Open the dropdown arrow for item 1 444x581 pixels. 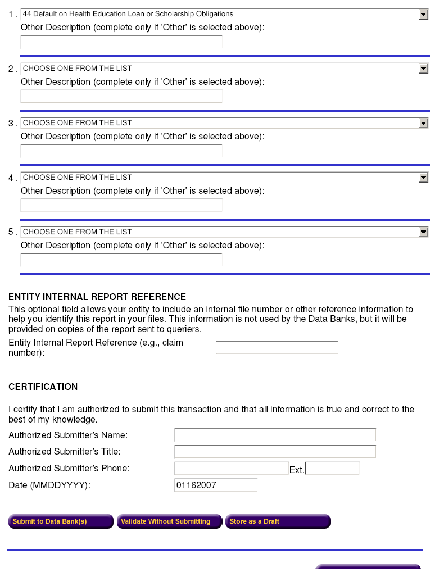click(424, 14)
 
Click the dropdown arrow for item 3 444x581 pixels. click(424, 123)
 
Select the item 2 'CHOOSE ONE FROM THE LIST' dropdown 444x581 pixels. click(219, 69)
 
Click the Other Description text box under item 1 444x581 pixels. click(121, 42)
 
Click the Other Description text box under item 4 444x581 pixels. click(121, 205)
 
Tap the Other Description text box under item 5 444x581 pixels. click(121, 260)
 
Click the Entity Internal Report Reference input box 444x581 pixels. click(277, 348)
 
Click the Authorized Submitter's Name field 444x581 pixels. click(275, 435)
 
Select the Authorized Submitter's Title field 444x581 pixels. click(275, 452)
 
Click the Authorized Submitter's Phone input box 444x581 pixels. click(232, 469)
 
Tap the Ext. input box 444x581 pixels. click(332, 469)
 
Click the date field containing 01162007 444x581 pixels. click(216, 485)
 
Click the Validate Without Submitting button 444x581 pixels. click(169, 521)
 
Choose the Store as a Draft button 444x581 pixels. click(277, 521)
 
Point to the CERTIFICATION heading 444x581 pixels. click(43, 387)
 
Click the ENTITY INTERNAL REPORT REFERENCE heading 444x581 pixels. click(97, 297)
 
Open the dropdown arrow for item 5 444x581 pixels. click(424, 232)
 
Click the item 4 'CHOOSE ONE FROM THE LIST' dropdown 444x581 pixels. click(219, 178)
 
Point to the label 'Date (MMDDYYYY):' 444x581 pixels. click(49, 485)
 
